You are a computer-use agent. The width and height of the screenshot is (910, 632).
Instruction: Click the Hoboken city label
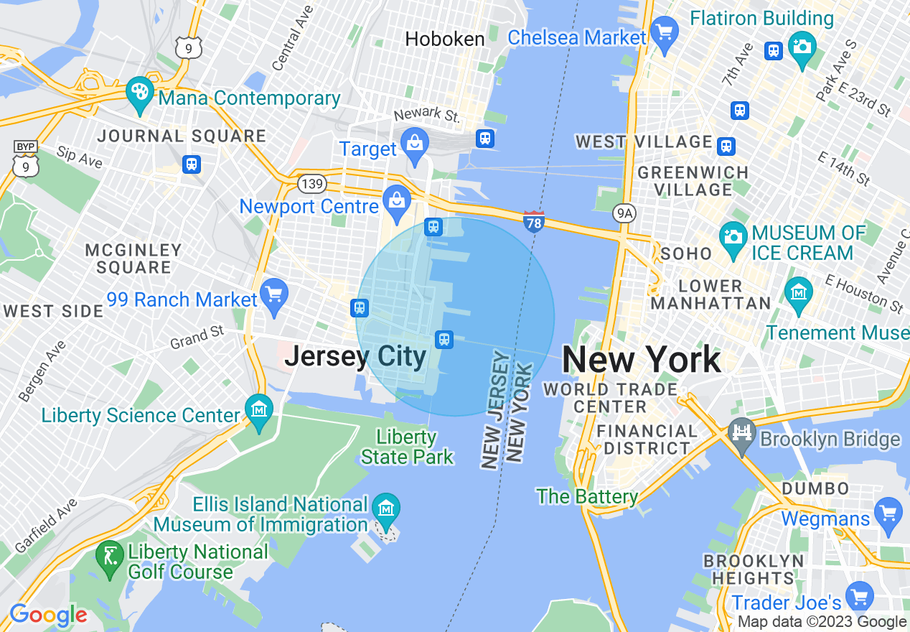445,39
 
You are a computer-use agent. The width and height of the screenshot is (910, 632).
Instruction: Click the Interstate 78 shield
533,220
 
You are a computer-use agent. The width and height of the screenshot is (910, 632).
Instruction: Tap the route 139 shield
312,185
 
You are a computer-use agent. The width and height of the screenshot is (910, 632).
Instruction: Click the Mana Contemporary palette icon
139,93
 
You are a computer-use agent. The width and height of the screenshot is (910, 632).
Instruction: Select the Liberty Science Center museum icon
258,410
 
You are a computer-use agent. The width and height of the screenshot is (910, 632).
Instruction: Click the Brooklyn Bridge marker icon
741,433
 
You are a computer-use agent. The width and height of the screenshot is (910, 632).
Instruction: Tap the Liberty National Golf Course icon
109,556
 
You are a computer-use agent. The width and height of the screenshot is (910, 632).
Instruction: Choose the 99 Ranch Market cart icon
273,294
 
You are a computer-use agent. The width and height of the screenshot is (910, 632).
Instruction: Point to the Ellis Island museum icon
386,509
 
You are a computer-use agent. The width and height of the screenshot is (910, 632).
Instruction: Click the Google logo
48,615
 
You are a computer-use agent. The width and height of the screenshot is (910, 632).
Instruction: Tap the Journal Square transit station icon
192,164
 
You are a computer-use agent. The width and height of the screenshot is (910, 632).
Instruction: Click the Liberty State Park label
407,447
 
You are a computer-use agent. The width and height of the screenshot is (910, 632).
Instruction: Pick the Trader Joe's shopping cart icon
859,596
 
